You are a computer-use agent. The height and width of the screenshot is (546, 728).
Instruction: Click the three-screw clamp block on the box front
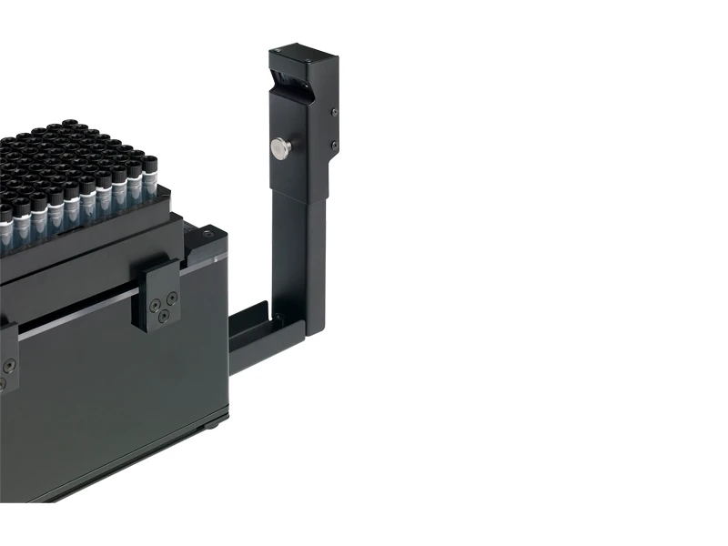[162, 293]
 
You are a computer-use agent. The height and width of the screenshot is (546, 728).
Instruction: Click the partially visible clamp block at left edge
[7, 359]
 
